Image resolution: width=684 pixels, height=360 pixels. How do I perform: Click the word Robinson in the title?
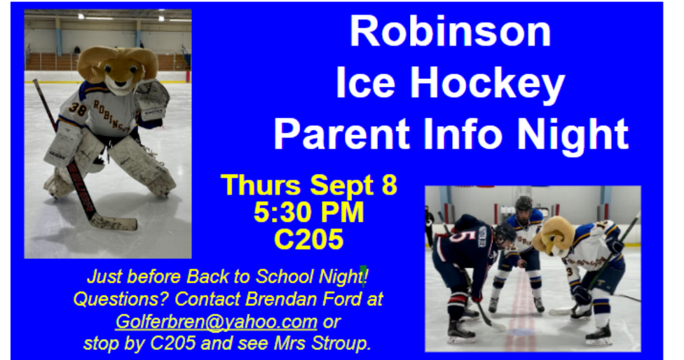pyautogui.click(x=451, y=32)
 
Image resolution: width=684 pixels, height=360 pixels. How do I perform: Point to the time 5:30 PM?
pyautogui.click(x=309, y=212)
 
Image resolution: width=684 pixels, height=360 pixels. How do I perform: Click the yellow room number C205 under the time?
pyautogui.click(x=309, y=239)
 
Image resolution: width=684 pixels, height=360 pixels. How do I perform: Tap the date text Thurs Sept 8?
pyautogui.click(x=309, y=185)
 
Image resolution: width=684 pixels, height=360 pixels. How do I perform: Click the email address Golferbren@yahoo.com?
pyautogui.click(x=217, y=321)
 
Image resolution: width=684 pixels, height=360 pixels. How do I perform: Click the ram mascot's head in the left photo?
pyautogui.click(x=118, y=68)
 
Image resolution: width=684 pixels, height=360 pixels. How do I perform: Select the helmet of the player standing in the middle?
pyautogui.click(x=524, y=204)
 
